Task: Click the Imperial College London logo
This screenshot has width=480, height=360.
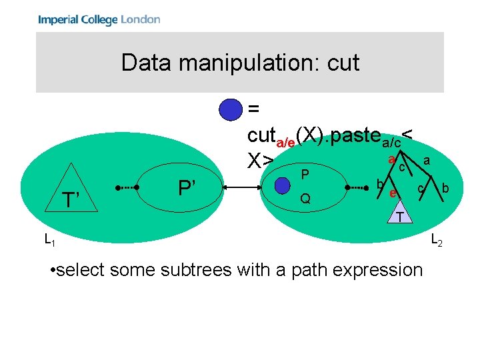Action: (99, 19)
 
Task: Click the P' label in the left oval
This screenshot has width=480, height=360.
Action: (187, 187)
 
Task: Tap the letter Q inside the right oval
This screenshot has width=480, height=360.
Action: (305, 199)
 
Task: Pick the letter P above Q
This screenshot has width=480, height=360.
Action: (305, 175)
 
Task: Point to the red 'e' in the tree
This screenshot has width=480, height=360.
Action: (393, 193)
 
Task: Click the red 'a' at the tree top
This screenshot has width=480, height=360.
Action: (392, 159)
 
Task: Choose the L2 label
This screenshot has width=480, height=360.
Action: (436, 239)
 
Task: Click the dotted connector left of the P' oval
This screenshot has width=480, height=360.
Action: (127, 188)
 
